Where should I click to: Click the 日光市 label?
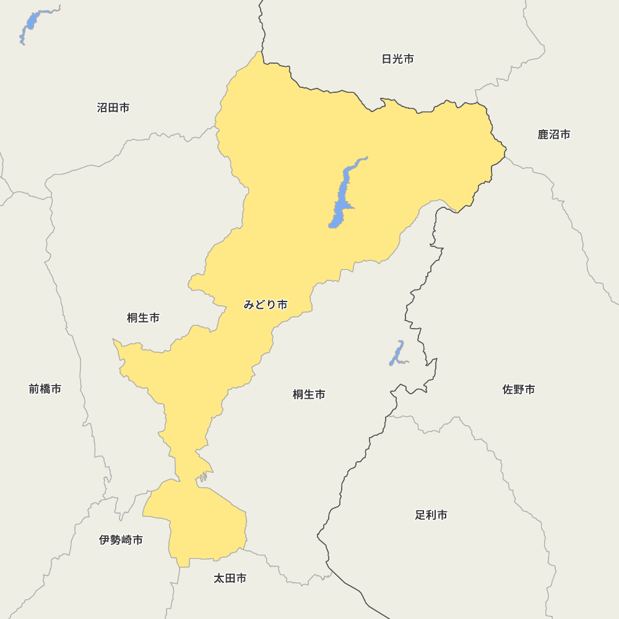397,59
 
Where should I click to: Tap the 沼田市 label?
113,108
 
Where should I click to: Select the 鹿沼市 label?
554,135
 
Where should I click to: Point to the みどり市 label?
266,305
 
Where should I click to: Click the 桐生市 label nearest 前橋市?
143,318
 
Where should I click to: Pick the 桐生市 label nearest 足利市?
309,394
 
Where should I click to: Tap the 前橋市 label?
45,389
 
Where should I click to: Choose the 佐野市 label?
519,390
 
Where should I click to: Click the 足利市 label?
431,515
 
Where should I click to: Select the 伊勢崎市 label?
121,540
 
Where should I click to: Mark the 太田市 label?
230,579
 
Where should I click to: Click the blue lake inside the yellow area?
341,198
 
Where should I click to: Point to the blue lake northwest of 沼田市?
30,25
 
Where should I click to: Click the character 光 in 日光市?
397,59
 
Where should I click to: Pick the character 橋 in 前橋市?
45,389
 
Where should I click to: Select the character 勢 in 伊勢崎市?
115,540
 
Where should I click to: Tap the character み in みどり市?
249,305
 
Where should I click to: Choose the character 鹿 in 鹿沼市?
543,135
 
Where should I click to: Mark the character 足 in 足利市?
420,515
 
